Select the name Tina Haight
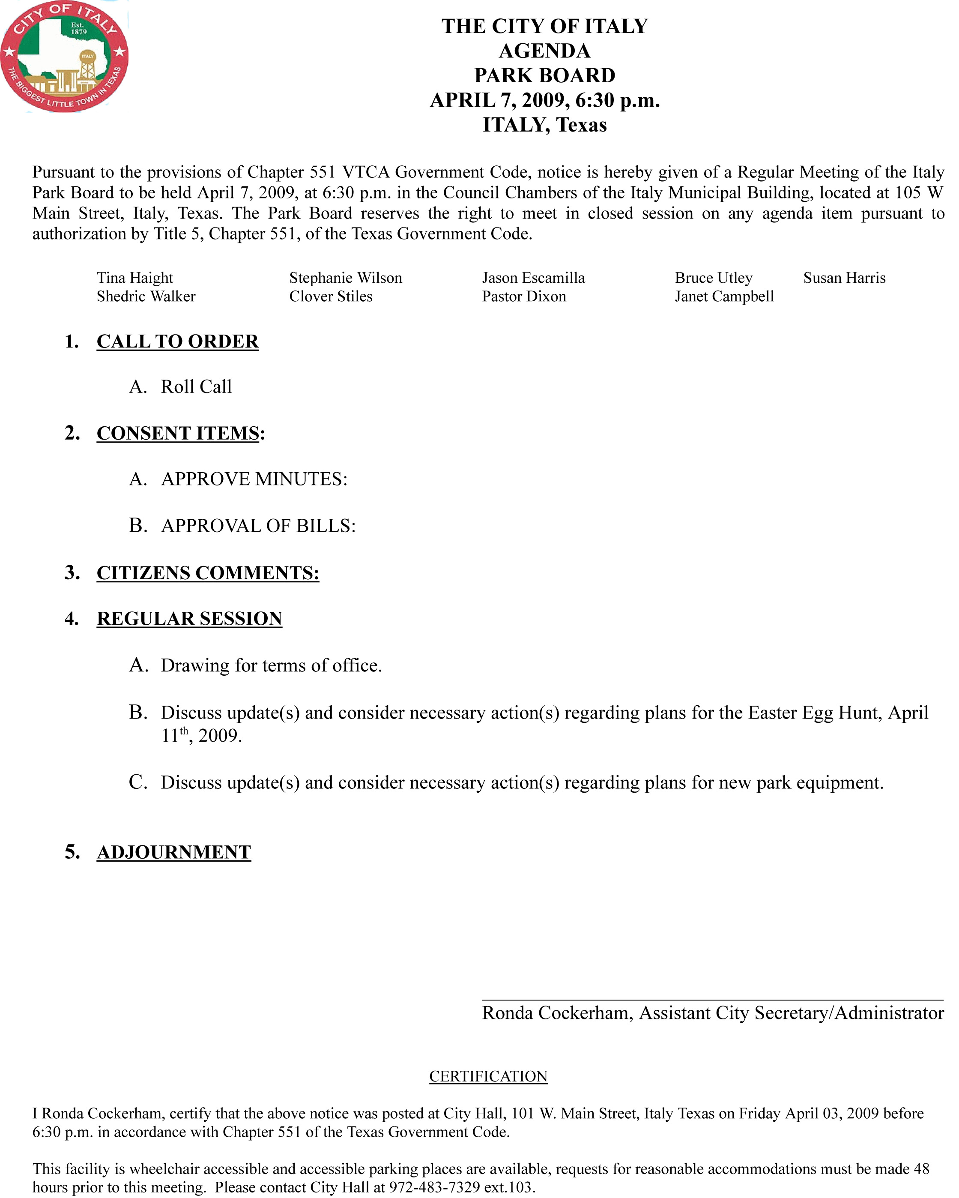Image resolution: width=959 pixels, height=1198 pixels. pyautogui.click(x=135, y=278)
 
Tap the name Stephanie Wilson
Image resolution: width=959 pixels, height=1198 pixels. pyautogui.click(x=346, y=278)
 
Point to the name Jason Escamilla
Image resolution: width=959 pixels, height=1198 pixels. pyautogui.click(x=533, y=278)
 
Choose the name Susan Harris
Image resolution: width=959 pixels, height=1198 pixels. pyautogui.click(x=844, y=278)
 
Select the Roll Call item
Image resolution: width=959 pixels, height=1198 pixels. pyautogui.click(x=196, y=387)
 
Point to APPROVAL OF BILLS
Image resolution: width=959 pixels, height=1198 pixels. pyautogui.click(x=258, y=526)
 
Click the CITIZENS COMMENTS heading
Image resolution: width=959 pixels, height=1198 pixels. pyautogui.click(x=208, y=573)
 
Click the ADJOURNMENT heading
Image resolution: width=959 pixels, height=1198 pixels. pyautogui.click(x=174, y=852)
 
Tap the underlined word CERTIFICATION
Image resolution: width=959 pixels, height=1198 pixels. pyautogui.click(x=488, y=1076)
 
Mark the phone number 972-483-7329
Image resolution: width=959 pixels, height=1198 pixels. pyautogui.click(x=434, y=1187)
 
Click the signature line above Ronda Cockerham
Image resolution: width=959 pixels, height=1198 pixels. pyautogui.click(x=712, y=1000)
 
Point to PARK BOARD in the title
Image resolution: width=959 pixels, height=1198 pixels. pyautogui.click(x=544, y=75)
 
